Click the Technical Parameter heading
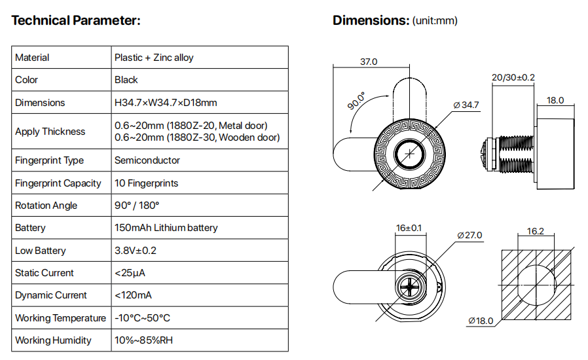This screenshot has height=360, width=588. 76,20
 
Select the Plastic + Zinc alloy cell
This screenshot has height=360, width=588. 154,58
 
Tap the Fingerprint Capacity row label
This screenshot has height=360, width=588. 58,183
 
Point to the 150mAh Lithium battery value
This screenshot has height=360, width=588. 166,228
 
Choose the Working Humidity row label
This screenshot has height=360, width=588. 53,340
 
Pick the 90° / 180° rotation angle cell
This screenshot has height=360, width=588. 137,206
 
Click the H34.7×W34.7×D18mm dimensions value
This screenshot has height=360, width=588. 166,103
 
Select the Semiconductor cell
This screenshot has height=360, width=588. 147,160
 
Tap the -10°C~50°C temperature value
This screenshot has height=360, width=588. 142,318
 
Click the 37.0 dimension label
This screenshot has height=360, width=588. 369,62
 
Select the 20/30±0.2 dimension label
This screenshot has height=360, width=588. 513,77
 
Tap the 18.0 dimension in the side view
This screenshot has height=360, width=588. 555,100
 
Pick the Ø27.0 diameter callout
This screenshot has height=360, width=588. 469,235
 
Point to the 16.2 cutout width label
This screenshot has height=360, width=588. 535,231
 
